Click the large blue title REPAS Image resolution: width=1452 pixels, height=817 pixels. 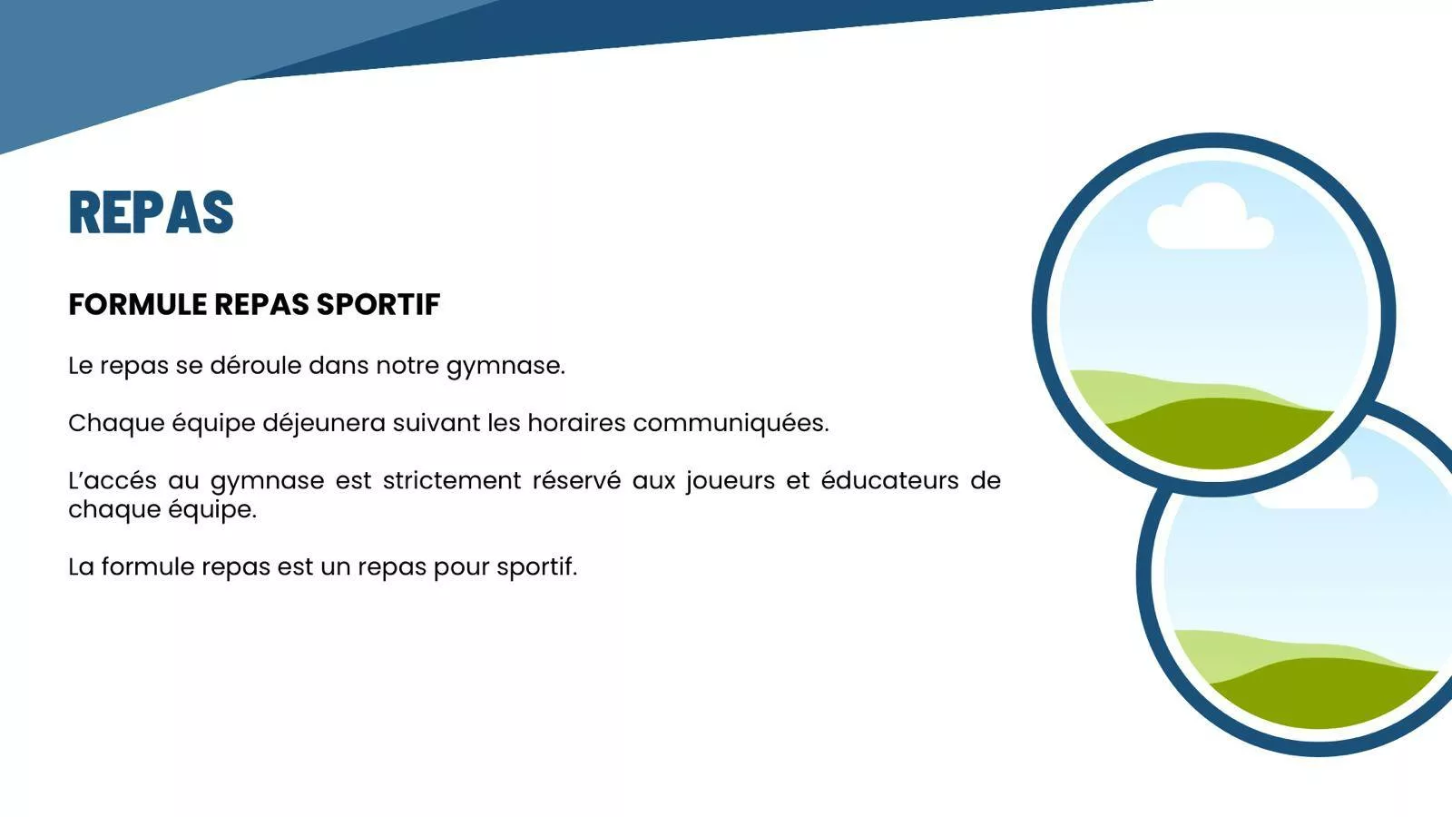pos(151,212)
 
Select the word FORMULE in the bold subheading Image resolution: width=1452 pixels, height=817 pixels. pos(137,305)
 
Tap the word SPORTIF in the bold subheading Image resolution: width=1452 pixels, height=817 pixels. pos(378,305)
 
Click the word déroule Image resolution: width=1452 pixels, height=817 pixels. pos(255,365)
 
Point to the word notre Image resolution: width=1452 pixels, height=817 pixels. pos(407,366)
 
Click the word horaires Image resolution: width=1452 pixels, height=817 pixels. pos(576,423)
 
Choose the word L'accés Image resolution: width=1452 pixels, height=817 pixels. pos(113,480)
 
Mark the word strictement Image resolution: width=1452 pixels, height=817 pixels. pos(452,480)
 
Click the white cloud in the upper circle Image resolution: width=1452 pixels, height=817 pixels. pos(1211,218)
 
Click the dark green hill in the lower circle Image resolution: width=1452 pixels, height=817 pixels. pos(1322,694)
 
